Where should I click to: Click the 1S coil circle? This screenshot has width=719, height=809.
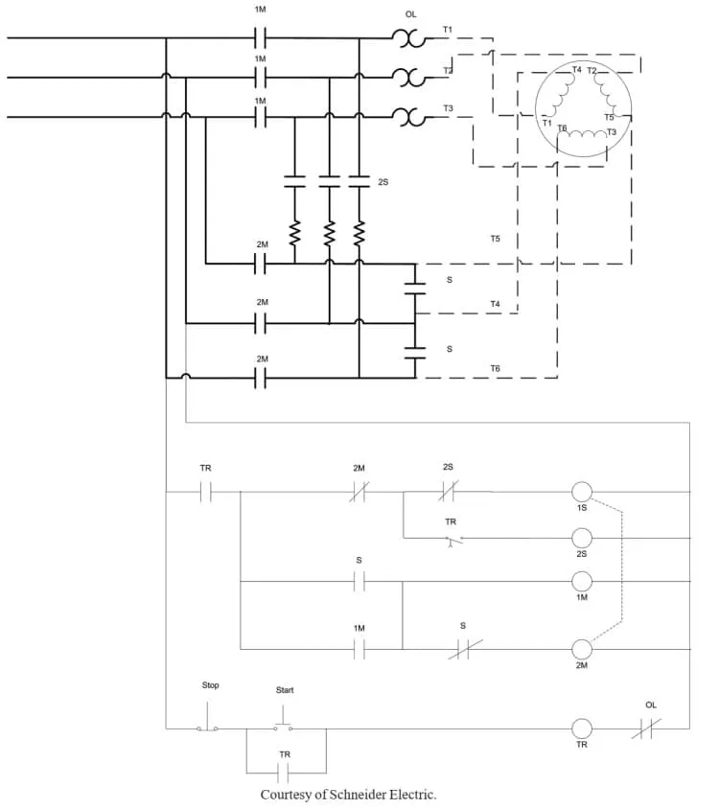coord(582,492)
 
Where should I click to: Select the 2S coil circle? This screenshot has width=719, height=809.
coord(582,538)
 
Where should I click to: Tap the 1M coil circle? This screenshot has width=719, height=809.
coord(582,582)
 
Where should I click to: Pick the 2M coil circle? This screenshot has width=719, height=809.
coord(582,649)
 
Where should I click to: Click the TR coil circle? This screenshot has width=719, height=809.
coord(582,728)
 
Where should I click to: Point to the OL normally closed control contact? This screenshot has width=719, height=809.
coord(646,728)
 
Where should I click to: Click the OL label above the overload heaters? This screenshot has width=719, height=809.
coord(411,14)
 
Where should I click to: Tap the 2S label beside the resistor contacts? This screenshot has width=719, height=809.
coord(383,182)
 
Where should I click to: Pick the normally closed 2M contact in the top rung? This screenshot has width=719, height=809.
coord(359,492)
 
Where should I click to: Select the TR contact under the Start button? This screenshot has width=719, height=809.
coord(283,773)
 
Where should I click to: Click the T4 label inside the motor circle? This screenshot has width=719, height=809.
coord(576,69)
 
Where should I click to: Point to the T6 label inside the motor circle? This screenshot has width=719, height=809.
coord(562,127)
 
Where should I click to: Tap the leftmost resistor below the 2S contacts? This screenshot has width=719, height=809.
coord(294,233)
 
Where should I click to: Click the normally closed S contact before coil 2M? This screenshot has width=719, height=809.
coord(465,649)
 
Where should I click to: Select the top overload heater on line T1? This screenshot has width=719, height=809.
coord(408,38)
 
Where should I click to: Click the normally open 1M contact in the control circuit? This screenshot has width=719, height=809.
coord(359,649)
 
